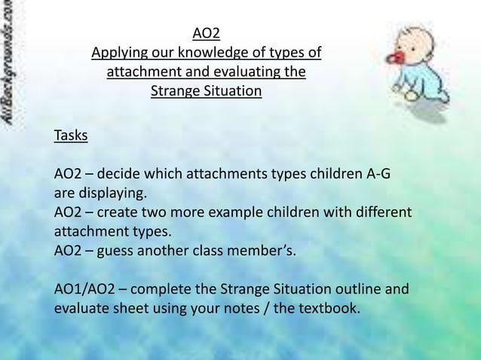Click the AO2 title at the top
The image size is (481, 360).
tap(206, 33)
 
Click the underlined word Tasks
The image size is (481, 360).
tap(71, 136)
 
